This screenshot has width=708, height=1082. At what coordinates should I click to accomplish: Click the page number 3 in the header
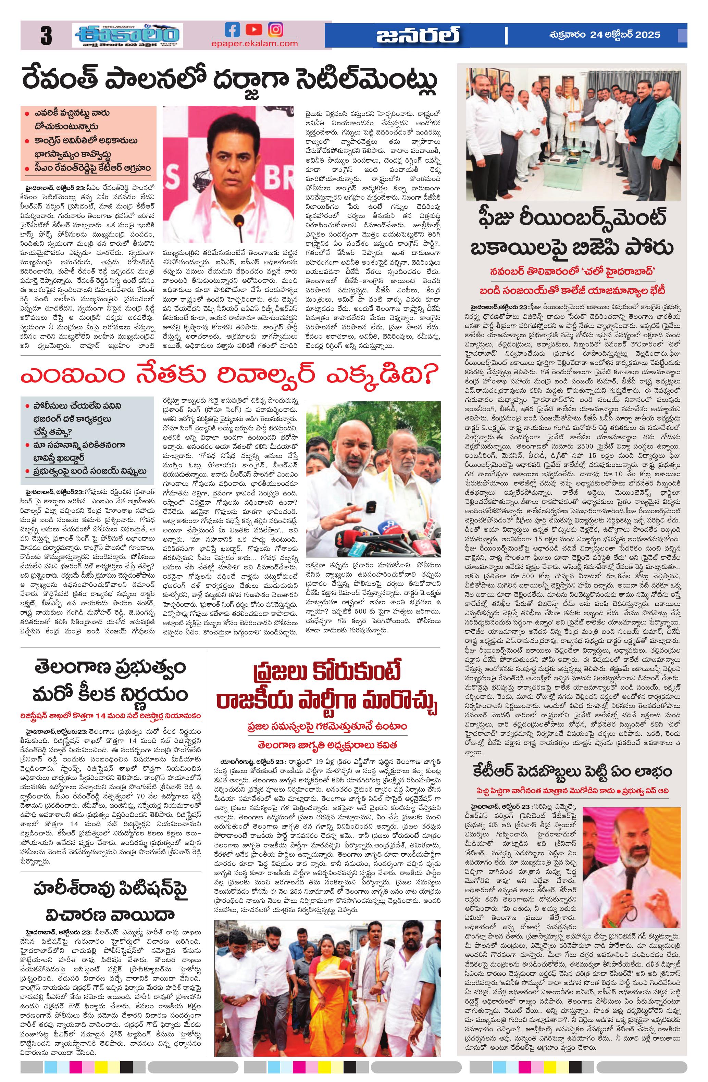[46, 36]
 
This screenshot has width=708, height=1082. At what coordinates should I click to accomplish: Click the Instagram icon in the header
[275, 29]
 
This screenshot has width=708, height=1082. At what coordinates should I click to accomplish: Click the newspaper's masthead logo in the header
[127, 36]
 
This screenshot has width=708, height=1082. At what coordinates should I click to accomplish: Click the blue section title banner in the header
[418, 36]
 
